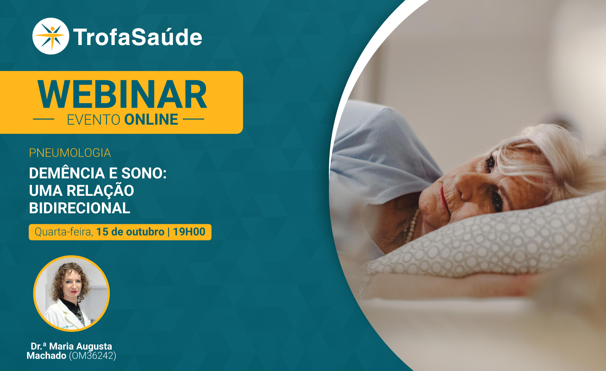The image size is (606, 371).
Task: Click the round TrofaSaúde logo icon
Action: [51, 36]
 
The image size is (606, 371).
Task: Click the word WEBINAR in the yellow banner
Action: [122, 95]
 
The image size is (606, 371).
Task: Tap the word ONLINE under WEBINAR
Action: [151, 120]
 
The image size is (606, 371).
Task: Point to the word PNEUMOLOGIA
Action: [70, 153]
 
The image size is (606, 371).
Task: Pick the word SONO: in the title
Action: [144, 173]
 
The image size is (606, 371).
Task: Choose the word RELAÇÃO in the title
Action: [100, 190]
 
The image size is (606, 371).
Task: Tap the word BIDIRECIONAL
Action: [80, 208]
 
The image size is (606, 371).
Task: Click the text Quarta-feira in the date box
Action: [64, 232]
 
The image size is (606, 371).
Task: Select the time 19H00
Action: [189, 232]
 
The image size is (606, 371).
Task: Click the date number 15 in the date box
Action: [102, 232]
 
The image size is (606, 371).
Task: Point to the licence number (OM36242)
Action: [92, 356]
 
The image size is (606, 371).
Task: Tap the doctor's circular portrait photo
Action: [71, 293]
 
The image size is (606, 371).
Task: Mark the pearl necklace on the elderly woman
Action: [412, 226]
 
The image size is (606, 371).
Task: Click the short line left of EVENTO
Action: [44, 119]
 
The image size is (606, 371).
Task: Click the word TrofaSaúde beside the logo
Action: [138, 37]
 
